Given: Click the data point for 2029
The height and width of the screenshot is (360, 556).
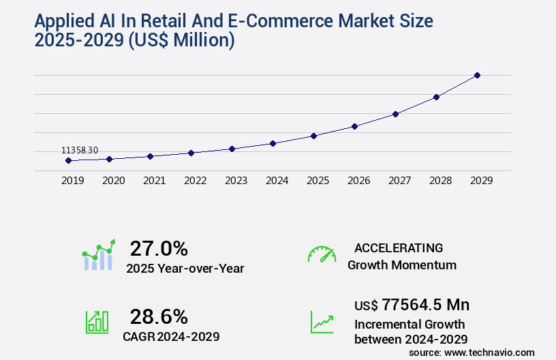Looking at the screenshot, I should tap(477, 75).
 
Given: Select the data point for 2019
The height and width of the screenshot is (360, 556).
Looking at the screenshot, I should tap(68, 161).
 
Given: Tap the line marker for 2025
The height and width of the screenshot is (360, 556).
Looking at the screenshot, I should tap(313, 136).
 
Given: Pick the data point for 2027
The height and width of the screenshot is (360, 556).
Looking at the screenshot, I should tap(395, 114).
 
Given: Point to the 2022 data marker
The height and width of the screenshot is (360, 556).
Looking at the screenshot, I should tap(191, 153).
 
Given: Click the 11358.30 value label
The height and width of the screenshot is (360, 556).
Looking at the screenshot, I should tap(80, 150).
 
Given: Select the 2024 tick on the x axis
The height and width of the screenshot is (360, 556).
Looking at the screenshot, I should tap(277, 181).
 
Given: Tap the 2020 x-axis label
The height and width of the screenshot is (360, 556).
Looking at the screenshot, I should tap(113, 181).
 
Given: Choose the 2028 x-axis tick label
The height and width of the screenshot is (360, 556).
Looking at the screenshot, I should tap(440, 181).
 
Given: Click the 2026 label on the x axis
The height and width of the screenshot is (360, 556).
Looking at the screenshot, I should tap(358, 181).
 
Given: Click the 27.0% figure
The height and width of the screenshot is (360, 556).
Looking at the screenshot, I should tap(159, 248).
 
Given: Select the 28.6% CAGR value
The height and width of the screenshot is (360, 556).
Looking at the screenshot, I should tap(159, 316).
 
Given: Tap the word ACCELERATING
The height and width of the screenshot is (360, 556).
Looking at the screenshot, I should tap(399, 247).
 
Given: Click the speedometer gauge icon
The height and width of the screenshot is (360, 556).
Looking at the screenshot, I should tap(322, 254).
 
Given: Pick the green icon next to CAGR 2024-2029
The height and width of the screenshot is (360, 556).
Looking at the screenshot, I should tap(97, 322).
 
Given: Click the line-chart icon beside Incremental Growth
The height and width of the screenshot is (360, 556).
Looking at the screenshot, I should tap(322, 322).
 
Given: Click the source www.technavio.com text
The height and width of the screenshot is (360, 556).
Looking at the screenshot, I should tap(472, 352).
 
